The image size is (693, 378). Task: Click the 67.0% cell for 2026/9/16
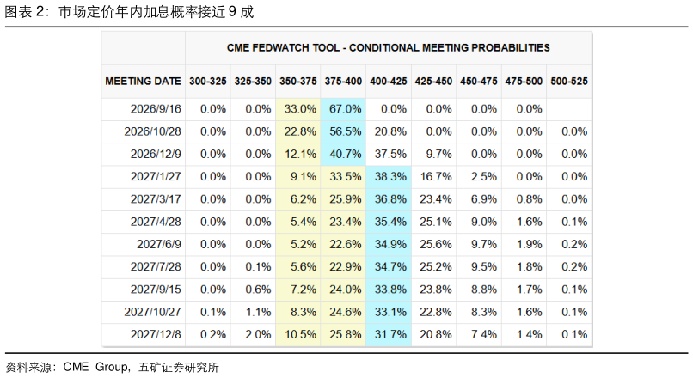345,109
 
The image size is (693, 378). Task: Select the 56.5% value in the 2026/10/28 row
345,131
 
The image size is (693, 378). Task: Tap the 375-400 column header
343,82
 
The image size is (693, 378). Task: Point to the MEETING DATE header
144,82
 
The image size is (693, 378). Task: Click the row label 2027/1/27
156,177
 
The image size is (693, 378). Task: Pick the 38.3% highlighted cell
390,177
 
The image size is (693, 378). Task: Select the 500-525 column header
569,82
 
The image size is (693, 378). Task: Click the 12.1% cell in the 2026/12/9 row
300,154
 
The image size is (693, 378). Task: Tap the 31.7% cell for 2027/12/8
390,335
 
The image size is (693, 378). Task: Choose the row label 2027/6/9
159,244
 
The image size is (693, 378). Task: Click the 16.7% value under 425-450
436,177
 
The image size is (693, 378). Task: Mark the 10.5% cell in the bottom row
300,335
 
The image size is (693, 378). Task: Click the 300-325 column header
208,82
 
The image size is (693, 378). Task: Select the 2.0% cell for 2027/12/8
258,335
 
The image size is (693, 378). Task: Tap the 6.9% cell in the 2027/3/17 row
484,199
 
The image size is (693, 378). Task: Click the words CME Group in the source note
95,367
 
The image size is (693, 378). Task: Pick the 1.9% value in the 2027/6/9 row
529,244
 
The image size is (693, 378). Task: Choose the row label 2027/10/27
152,312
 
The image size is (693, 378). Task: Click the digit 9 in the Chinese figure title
232,12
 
